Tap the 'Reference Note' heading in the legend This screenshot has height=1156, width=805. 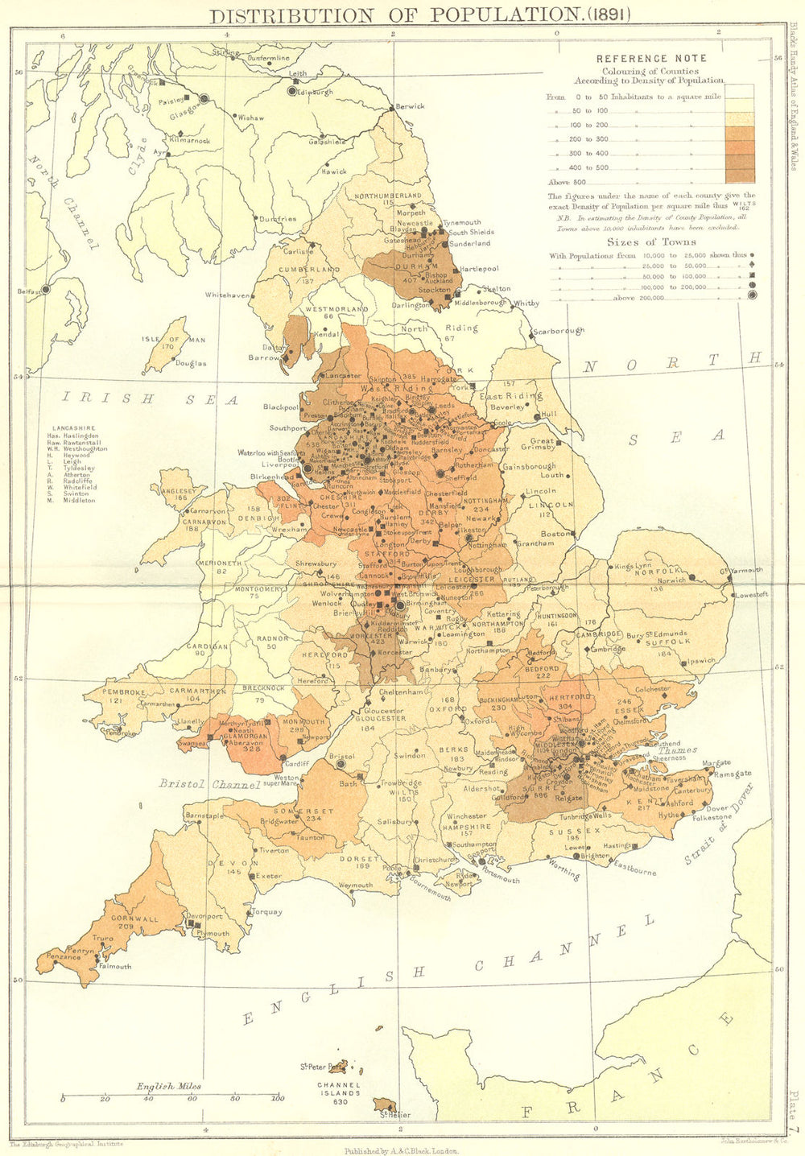(650, 58)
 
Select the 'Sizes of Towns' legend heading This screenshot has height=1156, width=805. (652, 242)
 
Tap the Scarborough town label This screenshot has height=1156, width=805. (559, 331)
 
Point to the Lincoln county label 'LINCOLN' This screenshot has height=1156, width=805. (553, 505)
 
